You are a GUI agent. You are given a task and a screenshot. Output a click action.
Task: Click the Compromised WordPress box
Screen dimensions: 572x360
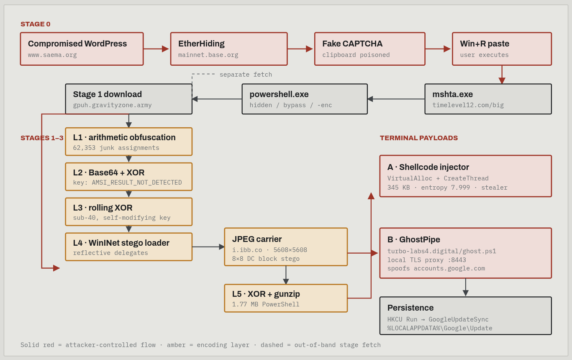tap(82, 49)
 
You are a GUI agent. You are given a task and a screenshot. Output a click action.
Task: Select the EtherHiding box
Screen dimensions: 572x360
tap(229, 49)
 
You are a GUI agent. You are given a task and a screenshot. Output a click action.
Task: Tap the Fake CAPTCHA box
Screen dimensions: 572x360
tap(370, 49)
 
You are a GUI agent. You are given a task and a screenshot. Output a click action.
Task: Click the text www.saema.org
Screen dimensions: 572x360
tap(52, 55)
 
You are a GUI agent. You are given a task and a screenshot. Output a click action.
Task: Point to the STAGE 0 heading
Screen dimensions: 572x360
tap(36, 24)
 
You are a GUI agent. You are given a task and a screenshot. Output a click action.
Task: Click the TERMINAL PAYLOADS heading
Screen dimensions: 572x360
tap(419, 138)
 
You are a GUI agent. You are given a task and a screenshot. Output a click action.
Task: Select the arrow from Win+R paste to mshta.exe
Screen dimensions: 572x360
tap(502, 75)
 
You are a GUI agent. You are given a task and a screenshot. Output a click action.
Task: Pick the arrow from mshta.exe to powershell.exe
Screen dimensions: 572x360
tap(396, 99)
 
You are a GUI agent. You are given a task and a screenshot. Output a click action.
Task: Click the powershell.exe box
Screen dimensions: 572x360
tap(305, 99)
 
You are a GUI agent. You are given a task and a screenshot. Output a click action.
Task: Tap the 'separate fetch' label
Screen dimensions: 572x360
tap(246, 75)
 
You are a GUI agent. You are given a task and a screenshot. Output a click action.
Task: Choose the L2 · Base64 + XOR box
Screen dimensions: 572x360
tap(129, 177)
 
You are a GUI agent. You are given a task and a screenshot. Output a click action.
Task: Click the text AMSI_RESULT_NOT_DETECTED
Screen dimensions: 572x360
tap(137, 183)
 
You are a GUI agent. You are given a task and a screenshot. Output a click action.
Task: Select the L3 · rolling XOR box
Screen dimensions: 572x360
tap(129, 211)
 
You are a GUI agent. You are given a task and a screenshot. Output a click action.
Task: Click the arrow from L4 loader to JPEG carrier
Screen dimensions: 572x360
tap(208, 247)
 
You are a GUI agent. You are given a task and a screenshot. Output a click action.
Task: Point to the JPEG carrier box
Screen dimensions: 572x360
tap(286, 247)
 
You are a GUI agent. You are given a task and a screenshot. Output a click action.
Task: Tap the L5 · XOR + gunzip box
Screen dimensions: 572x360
tap(286, 298)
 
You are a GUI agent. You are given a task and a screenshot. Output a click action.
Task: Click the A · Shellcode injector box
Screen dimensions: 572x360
tap(466, 176)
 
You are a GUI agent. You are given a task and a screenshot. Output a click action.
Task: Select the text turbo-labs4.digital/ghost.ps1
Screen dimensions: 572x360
tap(442, 251)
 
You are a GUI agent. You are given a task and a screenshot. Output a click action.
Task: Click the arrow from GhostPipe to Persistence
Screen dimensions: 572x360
tap(466, 288)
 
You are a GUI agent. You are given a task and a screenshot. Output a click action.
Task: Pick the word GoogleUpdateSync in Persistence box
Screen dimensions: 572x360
tap(459, 319)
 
